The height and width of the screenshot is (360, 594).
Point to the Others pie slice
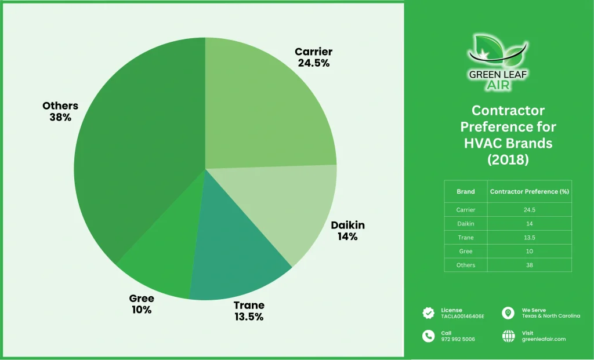pyautogui.click(x=133, y=157)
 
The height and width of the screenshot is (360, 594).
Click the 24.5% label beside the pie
pyautogui.click(x=314, y=63)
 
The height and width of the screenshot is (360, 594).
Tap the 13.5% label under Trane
pyautogui.click(x=249, y=317)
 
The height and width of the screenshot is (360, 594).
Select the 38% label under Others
pyautogui.click(x=60, y=117)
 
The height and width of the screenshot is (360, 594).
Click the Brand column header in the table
pyautogui.click(x=466, y=191)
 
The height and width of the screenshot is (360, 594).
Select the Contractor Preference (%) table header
pyautogui.click(x=529, y=191)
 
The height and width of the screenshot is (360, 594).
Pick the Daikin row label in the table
pyautogui.click(x=466, y=223)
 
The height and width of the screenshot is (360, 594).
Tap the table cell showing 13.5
pyautogui.click(x=529, y=237)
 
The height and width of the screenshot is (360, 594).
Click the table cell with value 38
pyautogui.click(x=529, y=265)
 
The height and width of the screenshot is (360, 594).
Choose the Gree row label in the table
pyautogui.click(x=466, y=251)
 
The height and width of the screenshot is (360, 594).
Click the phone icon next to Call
pyautogui.click(x=429, y=336)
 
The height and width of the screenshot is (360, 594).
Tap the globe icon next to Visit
pyautogui.click(x=508, y=336)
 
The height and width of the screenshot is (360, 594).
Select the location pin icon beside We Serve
pyautogui.click(x=508, y=313)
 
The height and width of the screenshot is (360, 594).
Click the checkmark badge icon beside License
pyautogui.click(x=429, y=313)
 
